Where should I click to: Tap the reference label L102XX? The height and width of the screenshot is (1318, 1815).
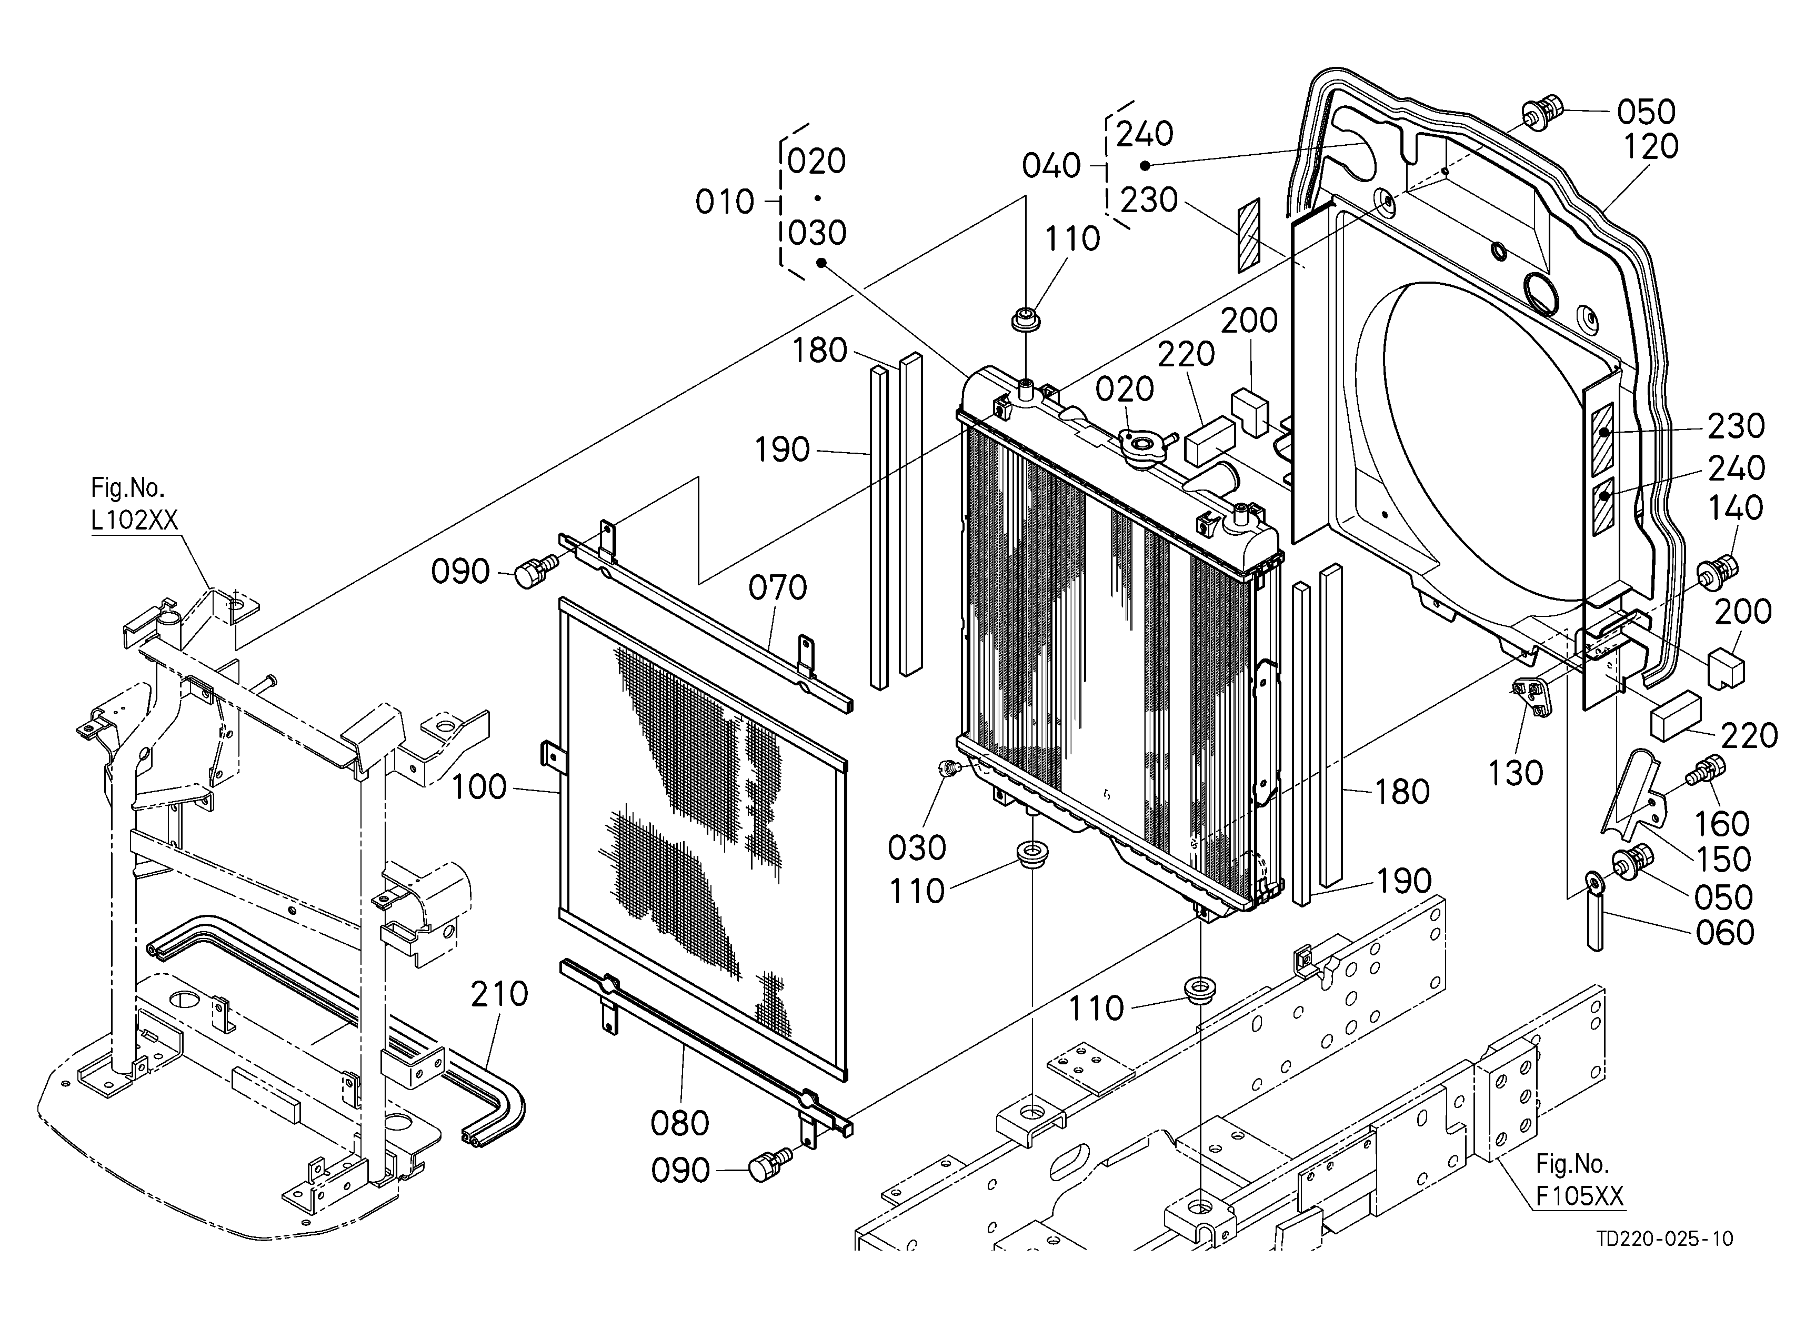[x=134, y=520]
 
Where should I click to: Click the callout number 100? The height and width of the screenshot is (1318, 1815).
[x=479, y=787]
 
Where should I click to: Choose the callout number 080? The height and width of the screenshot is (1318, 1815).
[x=680, y=1124]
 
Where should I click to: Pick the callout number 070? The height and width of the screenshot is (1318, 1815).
[x=778, y=588]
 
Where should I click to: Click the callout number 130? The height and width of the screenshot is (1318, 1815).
[x=1516, y=773]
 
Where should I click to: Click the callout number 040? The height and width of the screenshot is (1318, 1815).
[x=1051, y=166]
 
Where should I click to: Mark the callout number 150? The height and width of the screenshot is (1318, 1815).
[x=1724, y=860]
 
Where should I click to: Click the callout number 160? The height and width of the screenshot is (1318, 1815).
[x=1722, y=823]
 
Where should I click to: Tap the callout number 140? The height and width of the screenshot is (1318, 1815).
[x=1736, y=507]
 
